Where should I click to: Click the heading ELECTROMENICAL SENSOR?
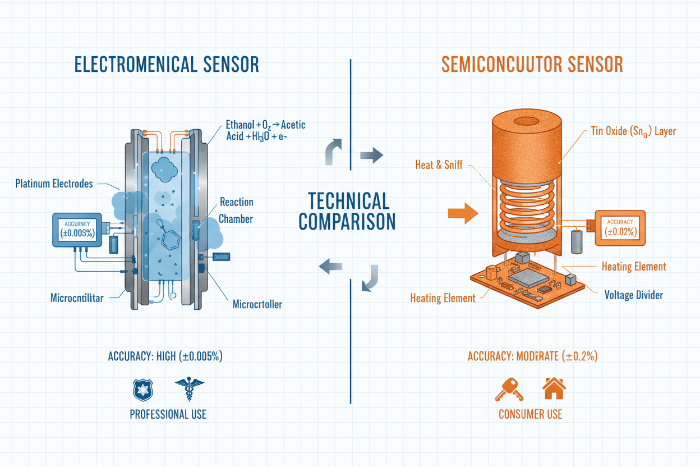pyautogui.click(x=167, y=65)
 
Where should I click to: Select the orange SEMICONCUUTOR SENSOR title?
pyautogui.click(x=532, y=65)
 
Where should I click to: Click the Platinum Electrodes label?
pyautogui.click(x=54, y=184)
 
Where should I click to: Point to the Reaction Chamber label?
pyautogui.click(x=236, y=210)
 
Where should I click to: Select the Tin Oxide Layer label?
pyautogui.click(x=633, y=131)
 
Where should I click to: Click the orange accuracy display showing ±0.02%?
pyautogui.click(x=619, y=227)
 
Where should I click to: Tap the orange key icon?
pyautogui.click(x=508, y=388)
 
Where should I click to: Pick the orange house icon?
pyautogui.click(x=554, y=388)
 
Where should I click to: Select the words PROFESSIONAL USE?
pyautogui.click(x=168, y=415)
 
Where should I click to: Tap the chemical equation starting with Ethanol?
pyautogui.click(x=265, y=131)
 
